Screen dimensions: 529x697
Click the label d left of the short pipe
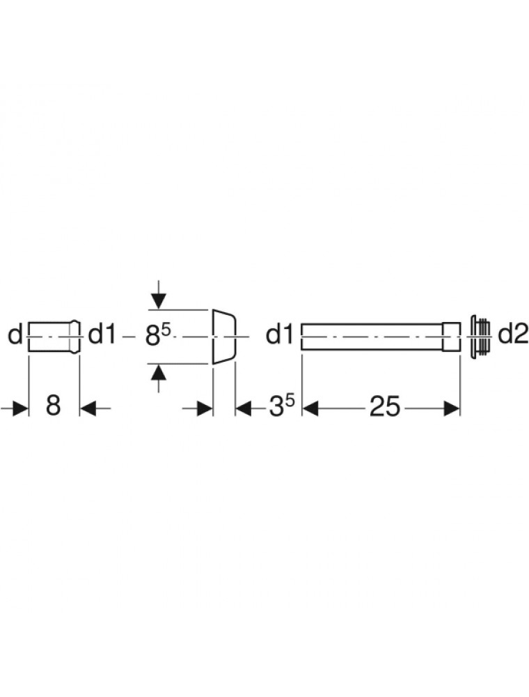pos(15,335)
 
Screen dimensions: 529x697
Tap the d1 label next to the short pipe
pos(102,335)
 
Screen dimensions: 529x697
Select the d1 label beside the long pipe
pos(279,335)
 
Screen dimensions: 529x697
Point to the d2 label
pos(513,335)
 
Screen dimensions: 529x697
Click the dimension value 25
pos(385,407)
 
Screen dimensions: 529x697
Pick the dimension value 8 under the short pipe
pos(54,406)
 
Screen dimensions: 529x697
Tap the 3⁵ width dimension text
pos(282,406)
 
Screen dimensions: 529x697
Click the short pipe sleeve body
pos(54,337)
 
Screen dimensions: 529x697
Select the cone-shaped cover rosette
pos(224,337)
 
